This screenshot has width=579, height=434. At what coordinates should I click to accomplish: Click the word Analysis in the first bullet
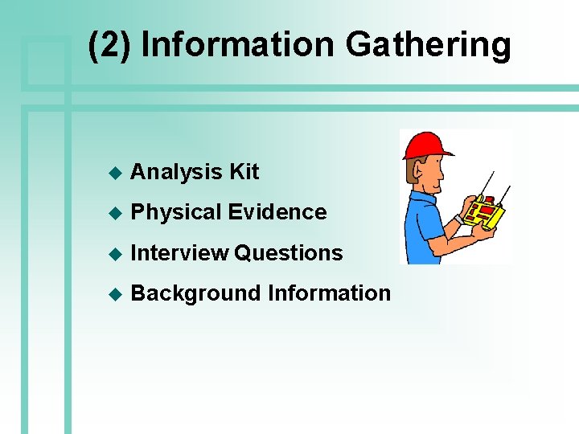coord(176,172)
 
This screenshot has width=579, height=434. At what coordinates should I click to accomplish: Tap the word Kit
coord(244,172)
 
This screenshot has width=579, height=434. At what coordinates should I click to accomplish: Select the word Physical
coord(175,212)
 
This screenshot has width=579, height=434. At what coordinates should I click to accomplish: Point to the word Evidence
coord(277,212)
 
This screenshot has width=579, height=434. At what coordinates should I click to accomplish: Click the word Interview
coord(179,252)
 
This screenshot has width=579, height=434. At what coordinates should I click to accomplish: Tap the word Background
coord(195,293)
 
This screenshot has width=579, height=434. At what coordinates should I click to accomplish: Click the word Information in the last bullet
coord(329,293)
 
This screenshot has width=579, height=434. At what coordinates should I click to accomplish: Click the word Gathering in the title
coord(428,45)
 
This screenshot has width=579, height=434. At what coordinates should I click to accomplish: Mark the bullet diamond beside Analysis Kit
coord(114,173)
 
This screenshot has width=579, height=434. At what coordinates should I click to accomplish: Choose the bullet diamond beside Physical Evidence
coord(114,213)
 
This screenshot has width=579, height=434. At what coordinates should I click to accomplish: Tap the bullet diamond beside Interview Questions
coord(114,253)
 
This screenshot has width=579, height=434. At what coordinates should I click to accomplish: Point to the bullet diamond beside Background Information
coord(114,293)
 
